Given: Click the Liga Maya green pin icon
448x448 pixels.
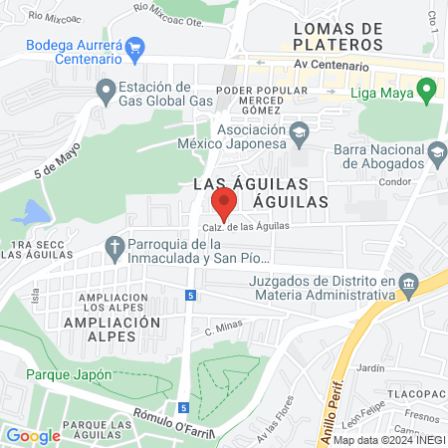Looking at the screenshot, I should (426, 94).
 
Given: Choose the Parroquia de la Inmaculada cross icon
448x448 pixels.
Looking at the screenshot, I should (115, 245).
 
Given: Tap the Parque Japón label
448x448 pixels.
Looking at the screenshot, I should (69, 374).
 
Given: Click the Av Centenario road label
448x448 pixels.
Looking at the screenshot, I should (332, 67).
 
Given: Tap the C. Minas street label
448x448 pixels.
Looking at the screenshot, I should (224, 330).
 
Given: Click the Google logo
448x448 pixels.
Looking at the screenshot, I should (33, 435).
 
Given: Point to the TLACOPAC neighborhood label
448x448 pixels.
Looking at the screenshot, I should (413, 391).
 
